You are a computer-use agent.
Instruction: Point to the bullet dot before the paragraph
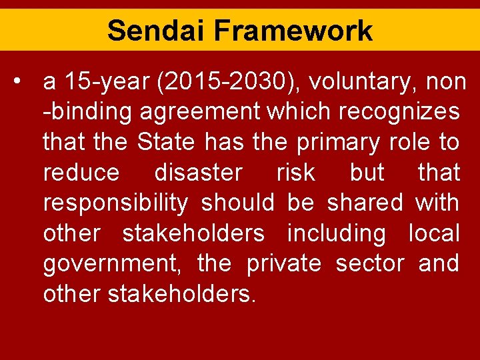click(x=23, y=81)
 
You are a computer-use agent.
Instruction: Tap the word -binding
click(x=87, y=112)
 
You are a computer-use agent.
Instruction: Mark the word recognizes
click(x=399, y=112)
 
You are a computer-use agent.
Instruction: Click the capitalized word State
click(x=166, y=143)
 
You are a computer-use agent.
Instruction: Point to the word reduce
click(x=81, y=173)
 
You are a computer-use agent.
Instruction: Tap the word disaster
click(x=198, y=173)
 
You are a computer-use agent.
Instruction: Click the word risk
click(x=295, y=173)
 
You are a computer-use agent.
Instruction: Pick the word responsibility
click(x=115, y=203)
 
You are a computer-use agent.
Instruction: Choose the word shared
click(x=365, y=203)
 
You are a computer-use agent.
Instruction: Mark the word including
click(x=336, y=234)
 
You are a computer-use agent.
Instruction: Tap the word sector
click(x=369, y=264)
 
